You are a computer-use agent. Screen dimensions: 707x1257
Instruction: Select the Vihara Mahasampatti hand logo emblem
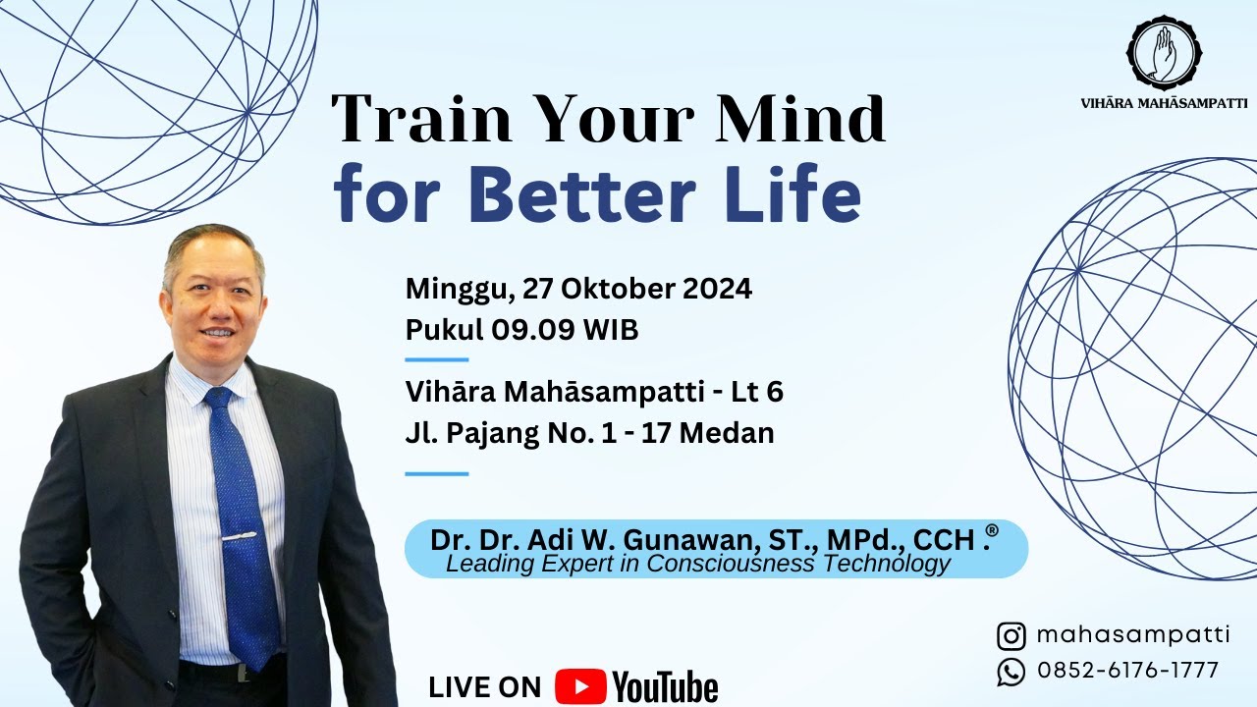coord(1164,50)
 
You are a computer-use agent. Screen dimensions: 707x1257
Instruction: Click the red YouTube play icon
coord(579,686)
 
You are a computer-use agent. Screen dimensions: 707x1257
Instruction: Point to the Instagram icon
coord(1011,636)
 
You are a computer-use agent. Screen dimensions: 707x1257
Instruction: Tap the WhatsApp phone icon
coord(1011,672)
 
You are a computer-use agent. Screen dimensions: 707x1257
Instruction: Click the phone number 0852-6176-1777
coord(1127,671)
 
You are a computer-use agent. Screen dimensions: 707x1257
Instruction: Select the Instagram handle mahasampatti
coord(1132,635)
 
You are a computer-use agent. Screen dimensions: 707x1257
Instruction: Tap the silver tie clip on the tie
coord(239,537)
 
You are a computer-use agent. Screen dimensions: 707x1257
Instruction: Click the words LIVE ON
coord(485,687)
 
